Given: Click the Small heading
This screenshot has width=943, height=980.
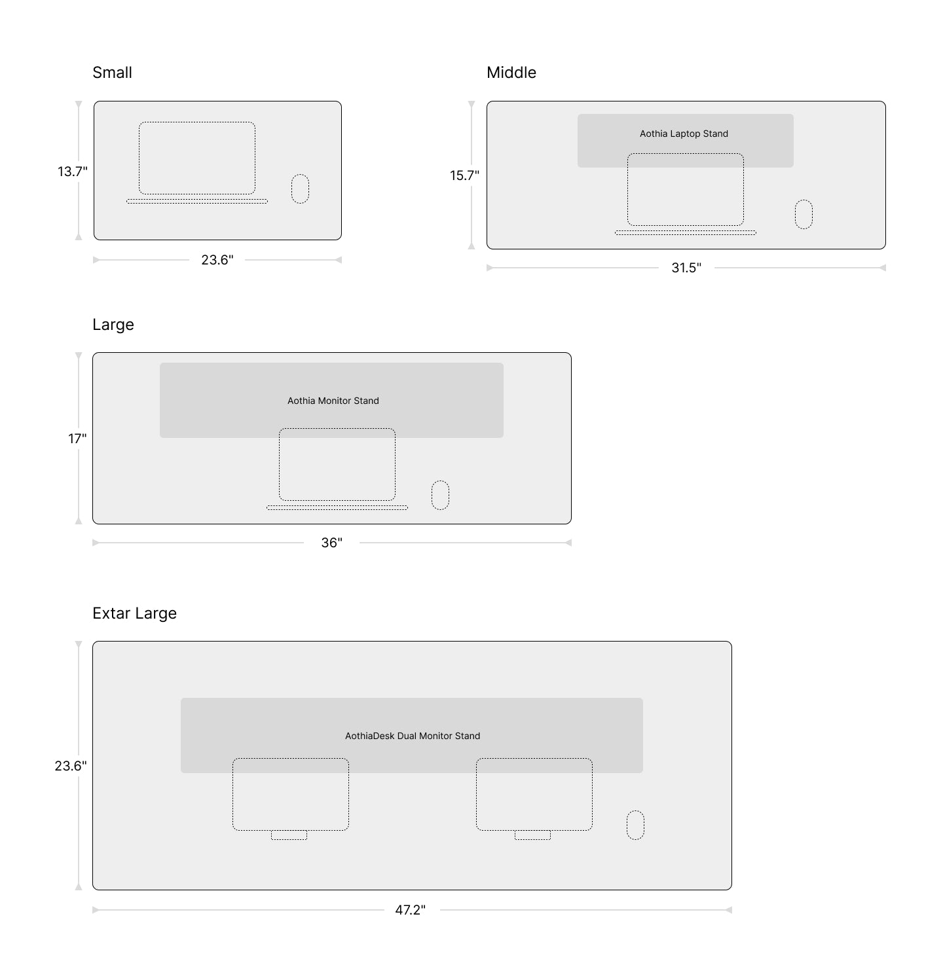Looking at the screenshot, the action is (x=112, y=73).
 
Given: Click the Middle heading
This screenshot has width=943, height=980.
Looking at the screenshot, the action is (x=511, y=73).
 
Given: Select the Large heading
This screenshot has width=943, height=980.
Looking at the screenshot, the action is (x=113, y=325).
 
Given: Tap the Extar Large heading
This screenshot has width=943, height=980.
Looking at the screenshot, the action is (x=135, y=613).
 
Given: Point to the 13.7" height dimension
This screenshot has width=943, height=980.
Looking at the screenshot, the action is (x=73, y=172).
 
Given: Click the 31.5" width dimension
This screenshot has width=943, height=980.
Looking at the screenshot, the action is (x=686, y=268).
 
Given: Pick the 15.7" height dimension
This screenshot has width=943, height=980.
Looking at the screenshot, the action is (x=464, y=175).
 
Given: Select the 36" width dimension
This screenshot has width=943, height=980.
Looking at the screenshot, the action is (x=332, y=543).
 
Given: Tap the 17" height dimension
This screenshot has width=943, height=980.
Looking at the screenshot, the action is (x=77, y=439).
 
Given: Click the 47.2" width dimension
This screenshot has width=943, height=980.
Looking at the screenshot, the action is (x=411, y=910).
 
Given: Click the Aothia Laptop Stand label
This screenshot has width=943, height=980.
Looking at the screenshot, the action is (x=684, y=134).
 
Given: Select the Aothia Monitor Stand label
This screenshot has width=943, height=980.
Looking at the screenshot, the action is (x=333, y=401).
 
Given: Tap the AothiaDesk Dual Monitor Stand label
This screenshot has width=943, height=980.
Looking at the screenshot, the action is (x=413, y=736).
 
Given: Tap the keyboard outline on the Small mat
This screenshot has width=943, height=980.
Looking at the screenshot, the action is (x=197, y=202).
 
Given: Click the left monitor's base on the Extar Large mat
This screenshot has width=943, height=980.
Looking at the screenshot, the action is (x=289, y=835).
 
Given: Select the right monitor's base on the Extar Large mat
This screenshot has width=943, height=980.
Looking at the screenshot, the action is (x=533, y=835).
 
